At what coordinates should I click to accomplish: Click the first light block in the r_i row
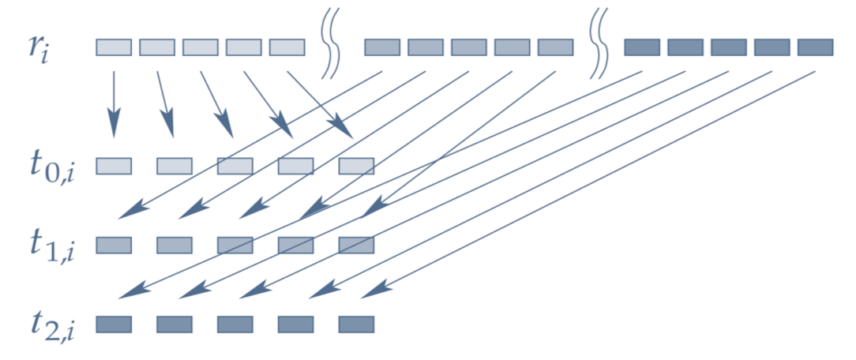[114, 47]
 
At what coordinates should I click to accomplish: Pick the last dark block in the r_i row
[815, 47]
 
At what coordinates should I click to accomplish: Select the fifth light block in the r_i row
[287, 47]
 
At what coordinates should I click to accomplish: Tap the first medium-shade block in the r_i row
[382, 47]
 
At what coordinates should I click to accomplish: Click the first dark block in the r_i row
[642, 47]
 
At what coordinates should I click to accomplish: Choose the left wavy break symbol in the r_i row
[330, 47]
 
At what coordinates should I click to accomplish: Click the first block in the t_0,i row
[114, 166]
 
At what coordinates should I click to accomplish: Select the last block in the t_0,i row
[356, 166]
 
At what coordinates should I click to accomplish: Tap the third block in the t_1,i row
[235, 245]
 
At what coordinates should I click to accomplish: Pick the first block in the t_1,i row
[114, 245]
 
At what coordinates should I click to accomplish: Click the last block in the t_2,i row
[356, 324]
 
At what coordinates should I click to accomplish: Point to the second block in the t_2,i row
[175, 324]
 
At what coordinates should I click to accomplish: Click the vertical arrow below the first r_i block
[115, 103]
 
